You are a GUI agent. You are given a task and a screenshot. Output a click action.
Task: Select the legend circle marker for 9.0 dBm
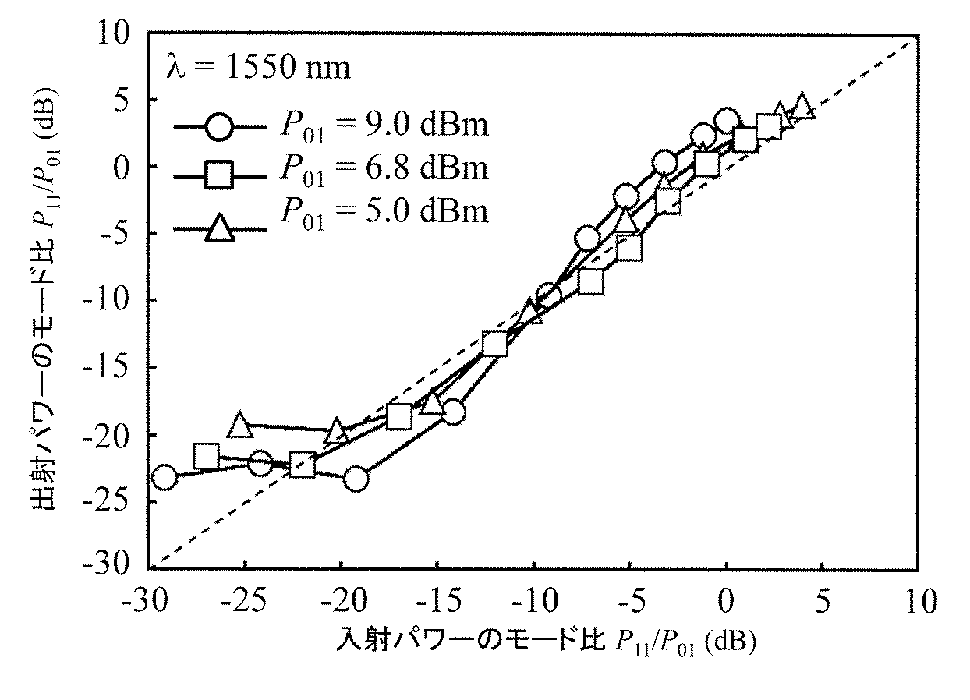220,126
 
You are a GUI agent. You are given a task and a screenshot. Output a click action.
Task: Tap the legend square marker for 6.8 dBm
220,177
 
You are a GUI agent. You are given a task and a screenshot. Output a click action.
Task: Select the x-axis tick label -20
340,601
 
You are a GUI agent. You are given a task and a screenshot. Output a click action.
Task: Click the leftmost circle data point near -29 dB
165,477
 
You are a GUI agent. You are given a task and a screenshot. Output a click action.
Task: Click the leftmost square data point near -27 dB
206,457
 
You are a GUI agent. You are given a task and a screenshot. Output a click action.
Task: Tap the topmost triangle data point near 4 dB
802,107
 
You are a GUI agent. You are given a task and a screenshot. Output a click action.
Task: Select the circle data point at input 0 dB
727,121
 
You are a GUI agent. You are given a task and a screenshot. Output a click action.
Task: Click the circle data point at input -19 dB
356,479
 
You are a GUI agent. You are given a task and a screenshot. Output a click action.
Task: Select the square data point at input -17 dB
399,416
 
